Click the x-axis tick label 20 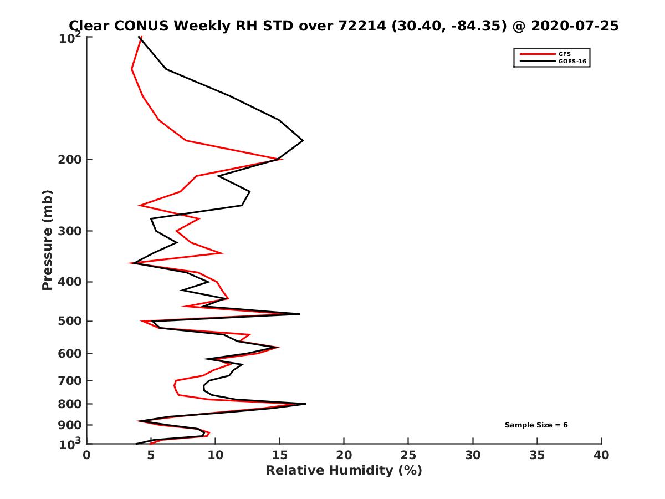point(344,456)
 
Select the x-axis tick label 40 point(601,456)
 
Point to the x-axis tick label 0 point(87,456)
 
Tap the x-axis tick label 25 point(408,456)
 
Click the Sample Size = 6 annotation point(536,425)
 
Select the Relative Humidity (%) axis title point(344,471)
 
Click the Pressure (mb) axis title point(47,240)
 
